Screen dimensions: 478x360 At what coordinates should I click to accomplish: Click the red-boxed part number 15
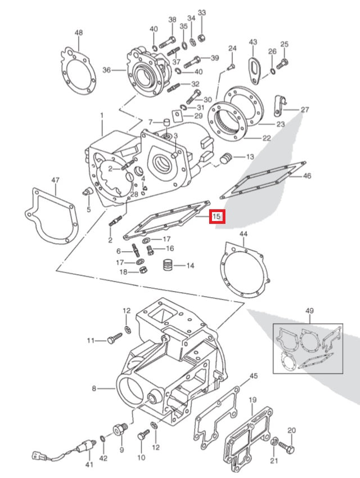[x=217, y=216]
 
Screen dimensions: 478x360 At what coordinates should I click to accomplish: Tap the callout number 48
[x=79, y=33]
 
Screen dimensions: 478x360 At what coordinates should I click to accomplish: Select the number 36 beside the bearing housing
[x=106, y=70]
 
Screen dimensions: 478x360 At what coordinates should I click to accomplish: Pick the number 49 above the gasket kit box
[x=309, y=311]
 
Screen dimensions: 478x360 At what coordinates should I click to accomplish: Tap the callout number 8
[x=94, y=388]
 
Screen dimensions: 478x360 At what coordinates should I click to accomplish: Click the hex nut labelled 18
[x=143, y=271]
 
